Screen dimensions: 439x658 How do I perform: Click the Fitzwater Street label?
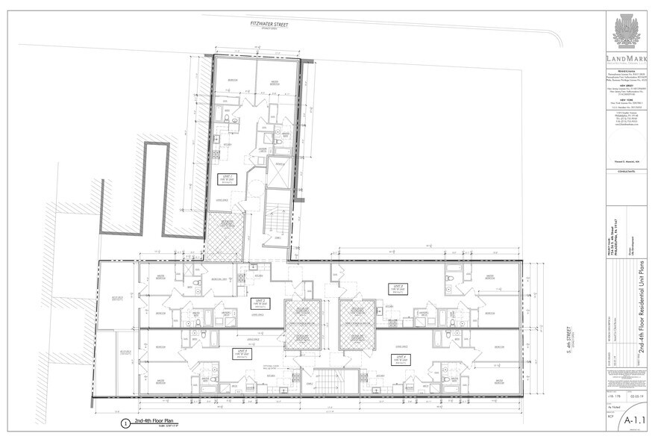coord(269,24)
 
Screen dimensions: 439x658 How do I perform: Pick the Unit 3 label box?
coord(400,288)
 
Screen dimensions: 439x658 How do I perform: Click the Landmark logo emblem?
coord(626,32)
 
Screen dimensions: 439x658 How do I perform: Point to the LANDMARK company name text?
coord(626,59)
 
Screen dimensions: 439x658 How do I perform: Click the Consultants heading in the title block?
coord(626,171)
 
